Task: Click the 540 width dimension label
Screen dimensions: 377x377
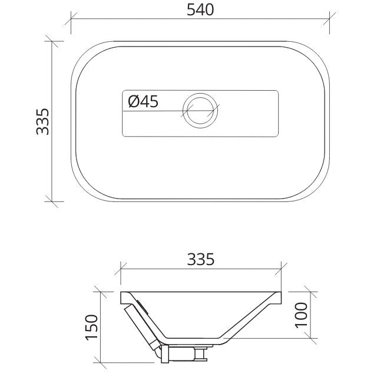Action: click(200, 10)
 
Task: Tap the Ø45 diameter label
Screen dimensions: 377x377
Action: click(143, 102)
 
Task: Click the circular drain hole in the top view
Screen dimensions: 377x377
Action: click(200, 111)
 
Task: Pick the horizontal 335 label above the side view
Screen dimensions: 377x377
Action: click(201, 259)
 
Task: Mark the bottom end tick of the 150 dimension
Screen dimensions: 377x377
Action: click(102, 360)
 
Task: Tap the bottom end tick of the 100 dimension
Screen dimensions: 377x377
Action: click(312, 339)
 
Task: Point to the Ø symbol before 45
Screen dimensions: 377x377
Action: click(133, 102)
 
